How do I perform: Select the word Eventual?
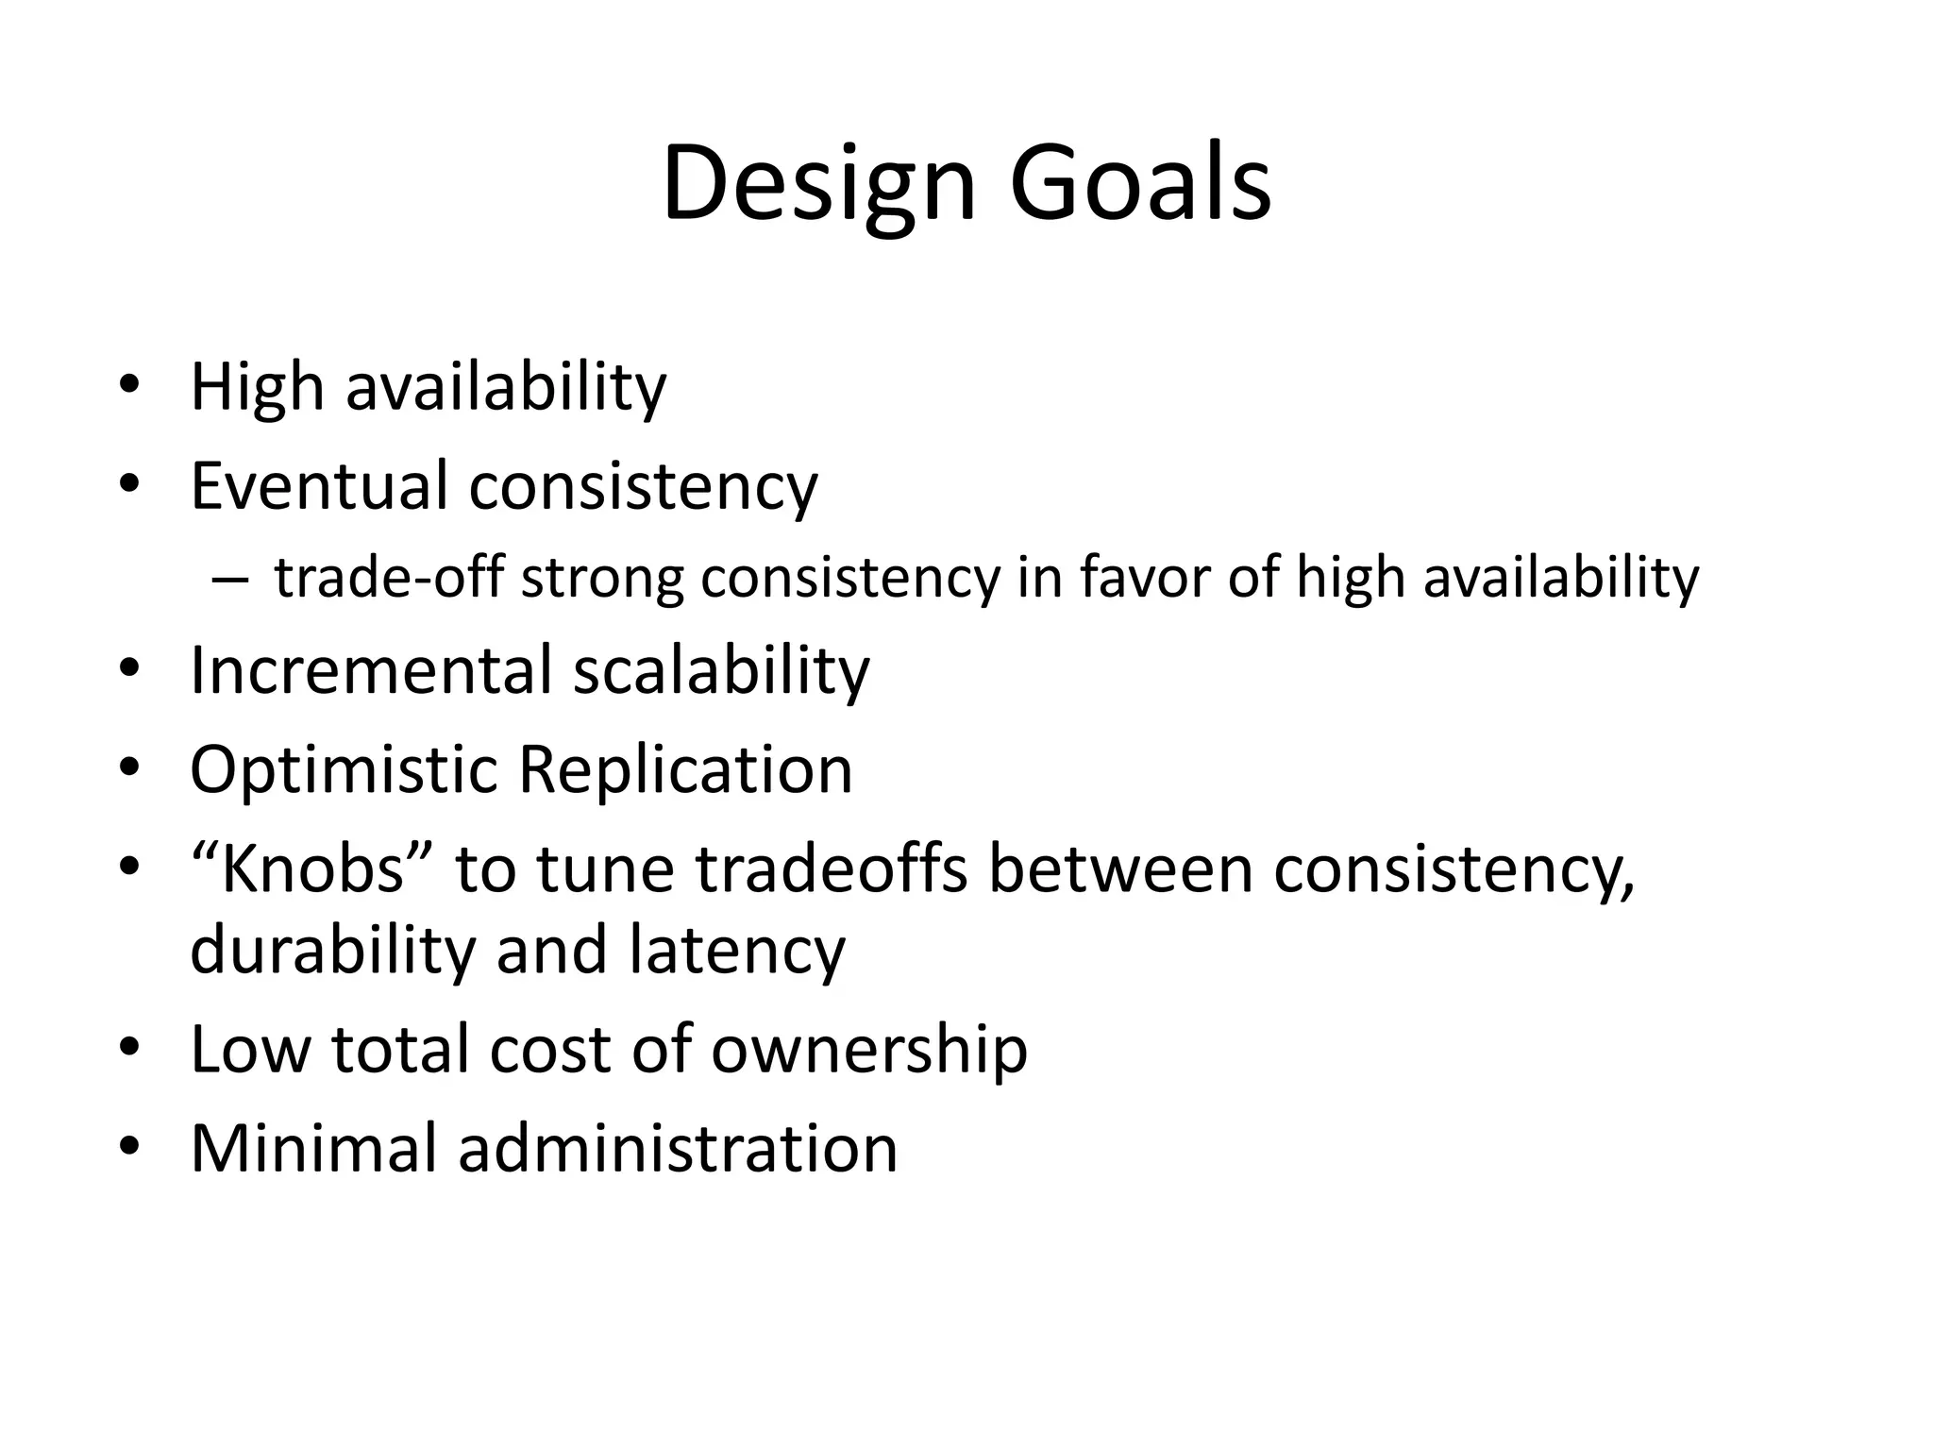[319, 485]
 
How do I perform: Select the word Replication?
[685, 769]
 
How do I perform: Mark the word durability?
[332, 950]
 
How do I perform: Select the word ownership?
[868, 1050]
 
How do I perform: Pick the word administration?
[678, 1149]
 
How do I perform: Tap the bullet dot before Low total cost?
[129, 1048]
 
